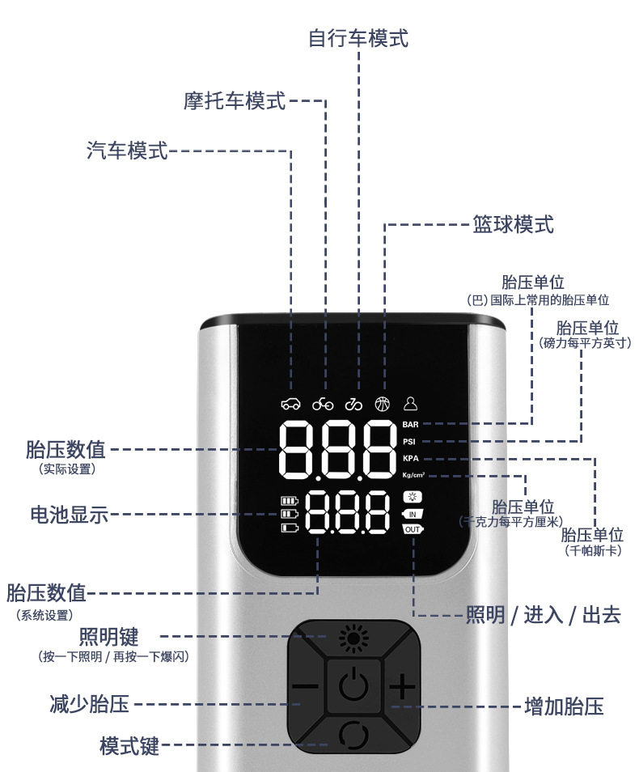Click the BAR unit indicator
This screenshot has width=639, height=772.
411,423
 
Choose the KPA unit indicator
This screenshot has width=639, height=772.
411,459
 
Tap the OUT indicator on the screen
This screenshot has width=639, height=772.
413,529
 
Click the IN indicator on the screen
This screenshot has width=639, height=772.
413,514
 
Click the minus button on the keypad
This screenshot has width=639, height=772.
305,689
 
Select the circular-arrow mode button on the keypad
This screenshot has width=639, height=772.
353,734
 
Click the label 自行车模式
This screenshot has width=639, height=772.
358,37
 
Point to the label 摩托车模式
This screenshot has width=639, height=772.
235,101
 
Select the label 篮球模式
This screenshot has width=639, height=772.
513,224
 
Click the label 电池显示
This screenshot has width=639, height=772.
69,514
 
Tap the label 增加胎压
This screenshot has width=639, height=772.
564,706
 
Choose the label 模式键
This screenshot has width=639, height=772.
129,745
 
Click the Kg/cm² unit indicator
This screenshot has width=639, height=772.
413,475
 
